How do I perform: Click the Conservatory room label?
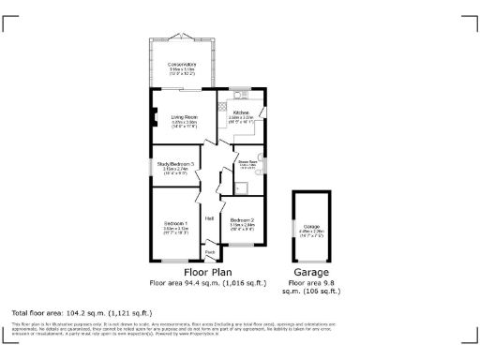pyautogui.click(x=183, y=64)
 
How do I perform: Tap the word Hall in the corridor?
pyautogui.click(x=210, y=219)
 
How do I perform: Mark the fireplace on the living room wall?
pyautogui.click(x=154, y=117)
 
